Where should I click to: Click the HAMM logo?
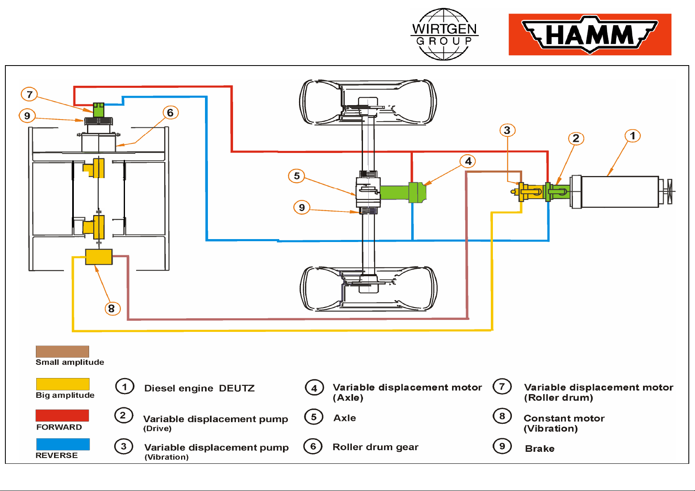pos(590,35)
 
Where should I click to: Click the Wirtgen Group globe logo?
pos(444,34)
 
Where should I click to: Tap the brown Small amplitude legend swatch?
pos(62,351)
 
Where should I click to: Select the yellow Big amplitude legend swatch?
pos(63,384)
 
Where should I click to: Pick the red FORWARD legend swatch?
pos(62,416)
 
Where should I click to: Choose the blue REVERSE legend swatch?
pos(63,444)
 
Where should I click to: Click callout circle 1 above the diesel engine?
pos(632,136)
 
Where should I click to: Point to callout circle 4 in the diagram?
pos(468,161)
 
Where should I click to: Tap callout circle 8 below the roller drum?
pos(112,308)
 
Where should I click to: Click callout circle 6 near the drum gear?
pos(170,113)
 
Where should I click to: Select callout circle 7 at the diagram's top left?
pos(29,94)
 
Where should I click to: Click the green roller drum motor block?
pos(99,110)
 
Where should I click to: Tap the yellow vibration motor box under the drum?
pos(99,257)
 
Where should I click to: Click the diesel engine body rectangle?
pos(620,192)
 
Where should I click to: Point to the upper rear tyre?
pos(368,102)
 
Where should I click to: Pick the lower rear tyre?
pos(368,288)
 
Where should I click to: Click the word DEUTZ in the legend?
pos(237,388)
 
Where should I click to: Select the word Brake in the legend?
pos(540,449)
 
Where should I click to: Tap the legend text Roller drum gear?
pos(375,447)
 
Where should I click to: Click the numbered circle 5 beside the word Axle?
pos(314,417)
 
